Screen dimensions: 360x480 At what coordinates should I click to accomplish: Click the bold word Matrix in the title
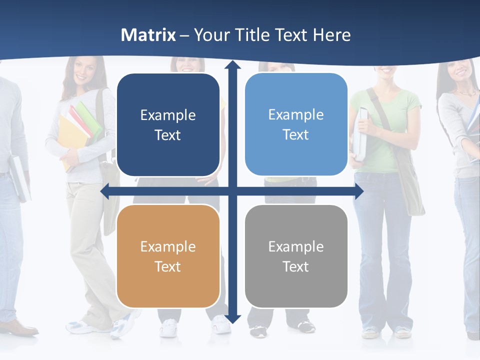148,35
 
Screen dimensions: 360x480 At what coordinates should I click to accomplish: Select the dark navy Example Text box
168,125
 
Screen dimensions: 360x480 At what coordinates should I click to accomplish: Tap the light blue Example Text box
296,124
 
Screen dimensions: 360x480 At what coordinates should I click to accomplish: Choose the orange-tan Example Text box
168,256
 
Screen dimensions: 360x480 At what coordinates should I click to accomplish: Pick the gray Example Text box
296,256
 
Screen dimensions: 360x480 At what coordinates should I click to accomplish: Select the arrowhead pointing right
359,191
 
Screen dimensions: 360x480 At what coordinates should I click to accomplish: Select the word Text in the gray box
296,266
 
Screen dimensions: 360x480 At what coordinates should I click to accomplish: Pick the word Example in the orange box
168,246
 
